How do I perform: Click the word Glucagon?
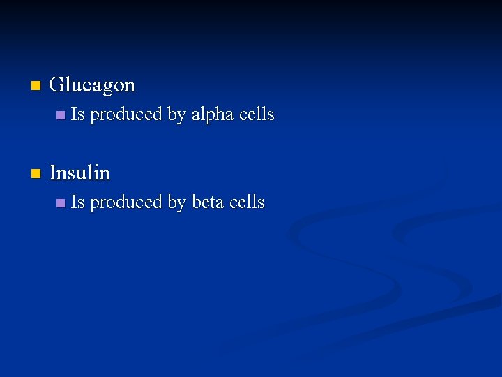click(x=93, y=85)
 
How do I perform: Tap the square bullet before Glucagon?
click(x=36, y=86)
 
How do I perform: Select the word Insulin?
click(x=79, y=172)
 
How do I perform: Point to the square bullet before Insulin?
click(x=36, y=173)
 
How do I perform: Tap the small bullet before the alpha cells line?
click(x=61, y=114)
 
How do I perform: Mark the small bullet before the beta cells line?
click(x=61, y=202)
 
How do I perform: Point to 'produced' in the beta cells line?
click(x=126, y=203)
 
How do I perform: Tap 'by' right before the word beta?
click(x=176, y=203)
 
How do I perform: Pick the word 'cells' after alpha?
click(x=257, y=114)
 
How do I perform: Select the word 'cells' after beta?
click(x=247, y=202)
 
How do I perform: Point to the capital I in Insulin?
click(x=53, y=172)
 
